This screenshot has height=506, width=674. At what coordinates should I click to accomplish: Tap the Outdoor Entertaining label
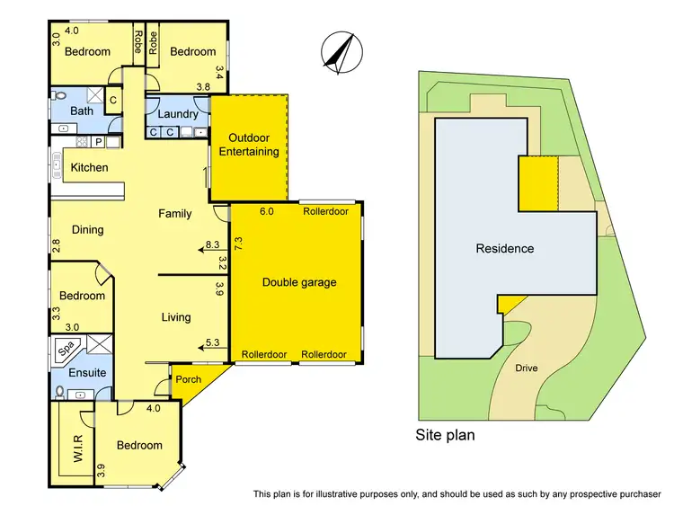(253, 145)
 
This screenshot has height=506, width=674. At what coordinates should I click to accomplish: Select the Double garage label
(299, 282)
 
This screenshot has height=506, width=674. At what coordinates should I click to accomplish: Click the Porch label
(189, 378)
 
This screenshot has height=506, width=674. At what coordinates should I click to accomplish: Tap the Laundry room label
(177, 114)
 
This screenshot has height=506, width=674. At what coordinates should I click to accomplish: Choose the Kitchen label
(89, 167)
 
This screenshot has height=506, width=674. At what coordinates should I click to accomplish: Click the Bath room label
(82, 111)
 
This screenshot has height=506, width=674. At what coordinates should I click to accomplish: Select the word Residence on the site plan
(504, 249)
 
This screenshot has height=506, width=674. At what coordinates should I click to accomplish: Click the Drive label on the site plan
(527, 368)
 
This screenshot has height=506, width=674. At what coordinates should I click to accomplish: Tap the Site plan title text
(445, 435)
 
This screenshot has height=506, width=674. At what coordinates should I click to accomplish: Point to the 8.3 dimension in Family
(213, 244)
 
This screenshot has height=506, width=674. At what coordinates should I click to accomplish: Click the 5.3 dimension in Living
(213, 342)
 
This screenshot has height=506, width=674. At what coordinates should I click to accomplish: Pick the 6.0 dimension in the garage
(266, 213)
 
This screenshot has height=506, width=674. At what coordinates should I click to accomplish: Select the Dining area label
(87, 229)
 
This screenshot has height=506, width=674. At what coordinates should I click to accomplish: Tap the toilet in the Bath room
(59, 94)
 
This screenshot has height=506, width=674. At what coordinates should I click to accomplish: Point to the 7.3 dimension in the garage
(238, 243)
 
